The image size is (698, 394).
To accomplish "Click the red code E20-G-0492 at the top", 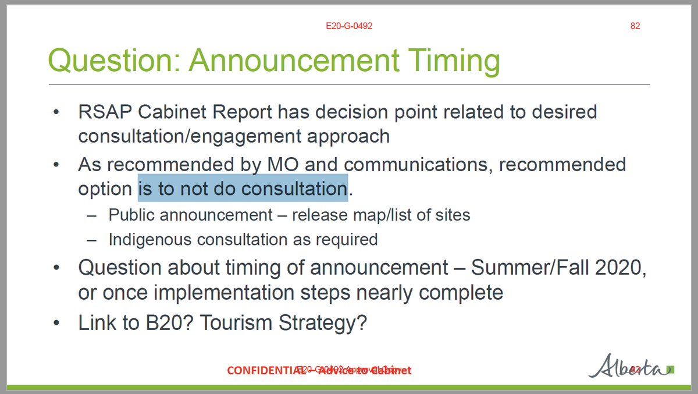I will point(349,26).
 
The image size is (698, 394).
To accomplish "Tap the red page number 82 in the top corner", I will point(635,26).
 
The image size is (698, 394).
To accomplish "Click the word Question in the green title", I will point(112,61).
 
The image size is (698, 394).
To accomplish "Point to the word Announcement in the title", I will point(294,61).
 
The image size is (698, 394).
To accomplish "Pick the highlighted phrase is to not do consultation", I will point(243,189).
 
